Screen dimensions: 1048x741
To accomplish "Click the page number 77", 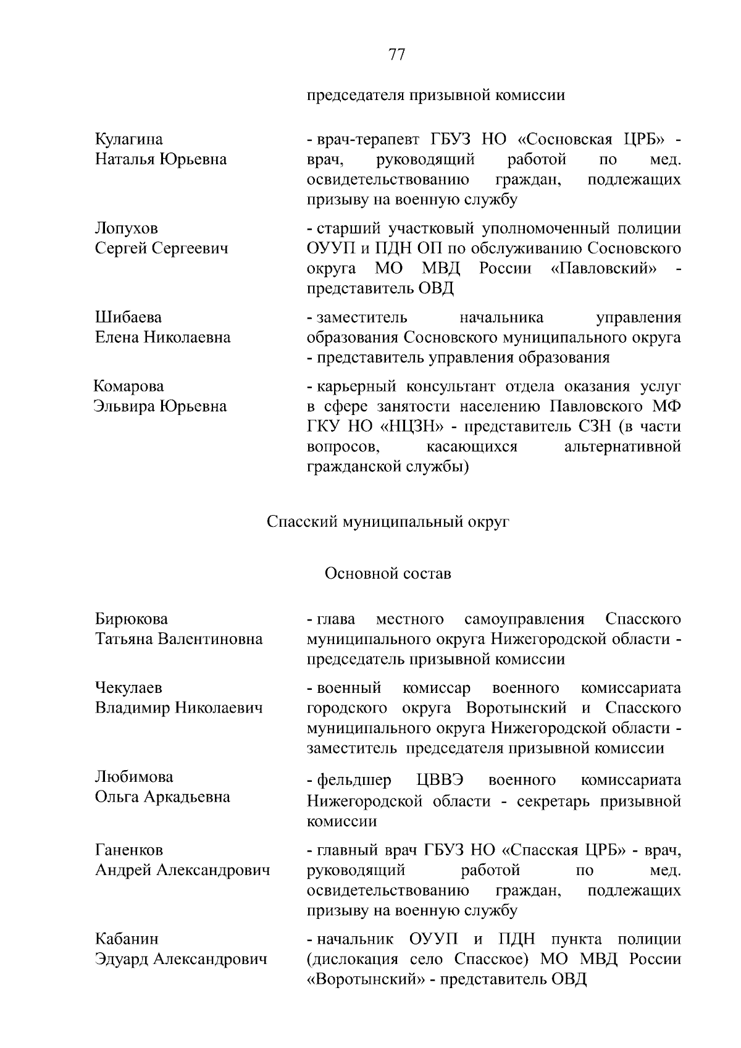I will coord(396,55).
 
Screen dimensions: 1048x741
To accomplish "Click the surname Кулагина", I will coord(129,140).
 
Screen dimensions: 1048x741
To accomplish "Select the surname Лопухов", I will coord(127,228).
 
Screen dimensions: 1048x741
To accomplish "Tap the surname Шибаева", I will coord(128,317).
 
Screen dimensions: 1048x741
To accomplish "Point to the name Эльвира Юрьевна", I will coord(160,406).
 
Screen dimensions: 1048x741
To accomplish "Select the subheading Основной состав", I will coord(388,574).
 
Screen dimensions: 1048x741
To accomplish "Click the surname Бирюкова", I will coord(131,619).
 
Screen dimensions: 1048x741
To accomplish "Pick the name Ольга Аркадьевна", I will coord(162,797).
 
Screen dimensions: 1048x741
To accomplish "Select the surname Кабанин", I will coord(127,939).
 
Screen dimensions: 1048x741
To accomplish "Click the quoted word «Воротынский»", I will coord(368,979).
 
